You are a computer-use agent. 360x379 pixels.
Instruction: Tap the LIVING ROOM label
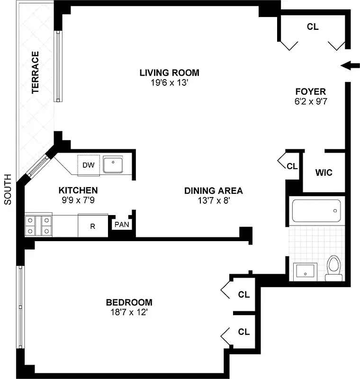click(169, 72)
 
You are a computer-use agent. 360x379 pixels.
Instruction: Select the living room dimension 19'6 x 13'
click(169, 82)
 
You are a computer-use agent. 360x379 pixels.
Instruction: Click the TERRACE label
click(36, 73)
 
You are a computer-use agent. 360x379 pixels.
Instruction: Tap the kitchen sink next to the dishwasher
click(113, 165)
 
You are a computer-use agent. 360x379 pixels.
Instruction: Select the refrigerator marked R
click(93, 226)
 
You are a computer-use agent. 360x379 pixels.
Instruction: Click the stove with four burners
click(39, 226)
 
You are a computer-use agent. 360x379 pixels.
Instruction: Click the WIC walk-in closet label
click(324, 172)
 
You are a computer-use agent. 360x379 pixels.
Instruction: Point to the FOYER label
click(310, 91)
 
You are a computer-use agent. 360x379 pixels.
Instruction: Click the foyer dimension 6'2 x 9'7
click(310, 101)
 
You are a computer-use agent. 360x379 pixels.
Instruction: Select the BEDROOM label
click(129, 302)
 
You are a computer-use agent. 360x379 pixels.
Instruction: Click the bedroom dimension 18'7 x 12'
click(129, 312)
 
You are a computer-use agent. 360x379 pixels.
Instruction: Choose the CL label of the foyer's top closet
click(312, 27)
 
